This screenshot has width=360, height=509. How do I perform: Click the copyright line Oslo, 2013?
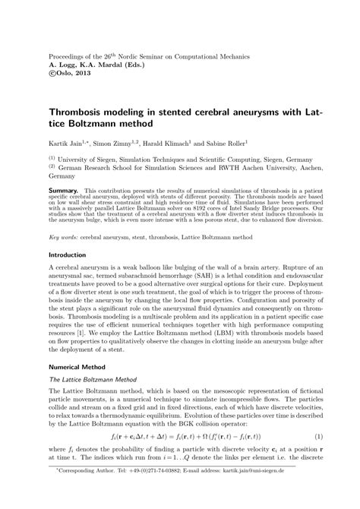pyautogui.click(x=77, y=74)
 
